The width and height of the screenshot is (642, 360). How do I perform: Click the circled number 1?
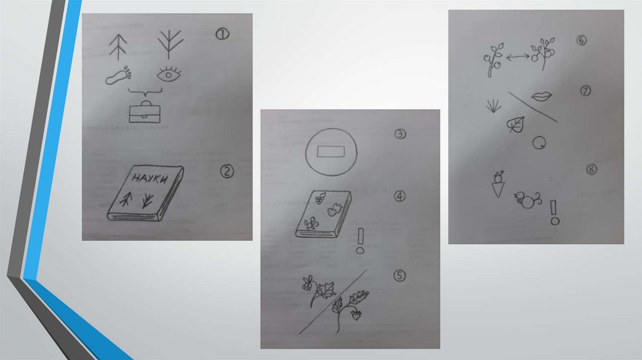click(223, 34)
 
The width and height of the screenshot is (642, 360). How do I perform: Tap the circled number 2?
click(227, 171)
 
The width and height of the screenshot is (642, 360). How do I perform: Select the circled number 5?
click(399, 275)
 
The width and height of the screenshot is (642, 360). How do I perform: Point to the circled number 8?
click(591, 169)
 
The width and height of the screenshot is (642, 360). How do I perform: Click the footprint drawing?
click(118, 77)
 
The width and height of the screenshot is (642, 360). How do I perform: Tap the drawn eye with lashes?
click(169, 74)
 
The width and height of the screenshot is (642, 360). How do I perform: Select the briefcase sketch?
click(145, 112)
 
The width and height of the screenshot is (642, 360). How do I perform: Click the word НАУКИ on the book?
click(150, 179)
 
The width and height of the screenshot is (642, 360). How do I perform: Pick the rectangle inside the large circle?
click(331, 152)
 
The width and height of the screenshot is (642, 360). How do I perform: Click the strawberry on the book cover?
click(332, 211)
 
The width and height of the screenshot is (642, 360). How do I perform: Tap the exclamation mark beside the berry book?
click(360, 241)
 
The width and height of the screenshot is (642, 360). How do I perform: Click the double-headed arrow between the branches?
click(518, 57)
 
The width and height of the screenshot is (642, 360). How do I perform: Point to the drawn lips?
click(541, 97)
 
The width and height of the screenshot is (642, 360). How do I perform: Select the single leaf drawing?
click(515, 125)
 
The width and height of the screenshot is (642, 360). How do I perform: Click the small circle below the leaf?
click(539, 143)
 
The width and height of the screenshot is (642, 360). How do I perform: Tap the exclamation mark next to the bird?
click(554, 213)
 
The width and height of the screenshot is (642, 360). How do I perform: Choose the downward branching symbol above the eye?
click(169, 44)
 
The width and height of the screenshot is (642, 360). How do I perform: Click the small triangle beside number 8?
click(498, 190)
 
